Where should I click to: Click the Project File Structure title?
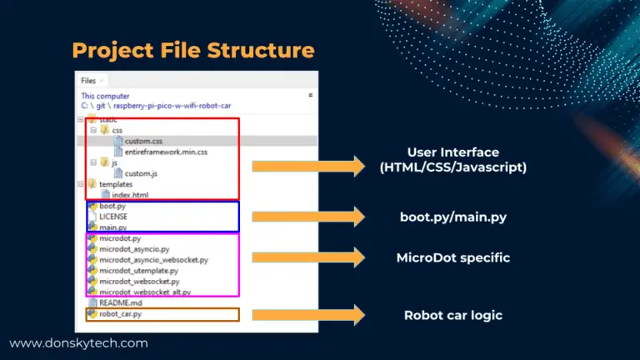pos(193,50)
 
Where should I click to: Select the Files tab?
pos(88,81)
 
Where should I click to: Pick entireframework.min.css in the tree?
pos(165,152)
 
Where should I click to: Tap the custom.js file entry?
pos(141,173)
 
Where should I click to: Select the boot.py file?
pos(112,206)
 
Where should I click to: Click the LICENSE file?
pos(113,217)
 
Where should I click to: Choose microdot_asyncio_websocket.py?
pos(153,260)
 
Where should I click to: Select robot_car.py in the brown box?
pos(120,314)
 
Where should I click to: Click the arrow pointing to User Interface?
pos(307,167)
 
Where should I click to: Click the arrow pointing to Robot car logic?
pos(307,314)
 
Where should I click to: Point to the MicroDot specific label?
pos(452,258)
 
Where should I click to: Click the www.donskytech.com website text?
pos(78,342)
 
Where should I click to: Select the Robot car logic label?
pos(452,315)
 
